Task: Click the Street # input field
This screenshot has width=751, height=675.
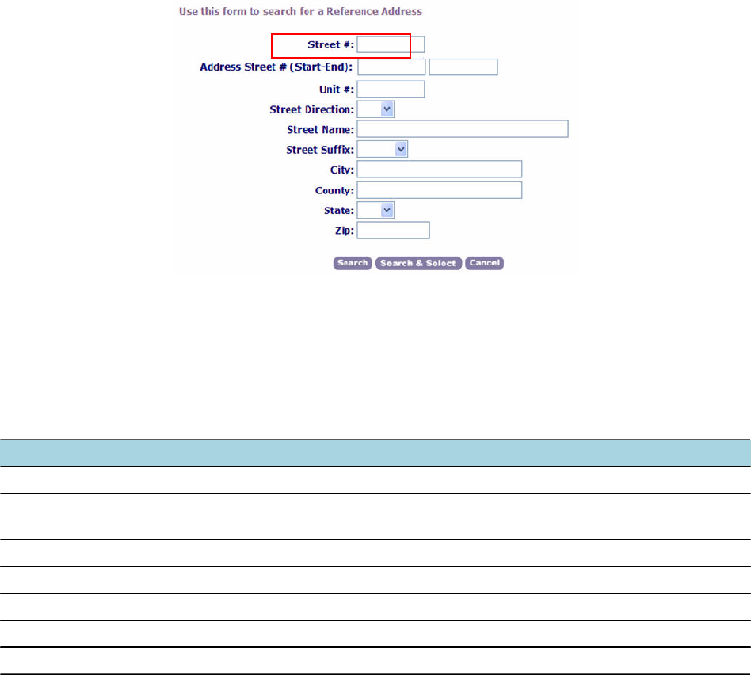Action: click(x=391, y=44)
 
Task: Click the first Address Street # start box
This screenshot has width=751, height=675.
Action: click(x=391, y=67)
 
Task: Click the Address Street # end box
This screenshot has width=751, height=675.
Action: click(x=463, y=67)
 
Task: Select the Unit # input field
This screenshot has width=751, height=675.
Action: click(x=391, y=89)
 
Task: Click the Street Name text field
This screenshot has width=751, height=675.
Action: click(x=463, y=129)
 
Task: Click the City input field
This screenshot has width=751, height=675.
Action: click(x=440, y=170)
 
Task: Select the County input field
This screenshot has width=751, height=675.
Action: click(x=440, y=190)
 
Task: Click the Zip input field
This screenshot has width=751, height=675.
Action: click(x=393, y=231)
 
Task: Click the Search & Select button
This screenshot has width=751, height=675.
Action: click(x=418, y=263)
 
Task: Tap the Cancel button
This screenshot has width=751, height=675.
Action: click(x=484, y=263)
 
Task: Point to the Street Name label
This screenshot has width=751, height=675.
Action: click(x=321, y=129)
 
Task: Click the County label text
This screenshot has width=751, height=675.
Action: click(x=334, y=190)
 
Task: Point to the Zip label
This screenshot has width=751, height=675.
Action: click(x=345, y=231)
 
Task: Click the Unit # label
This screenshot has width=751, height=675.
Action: click(x=336, y=89)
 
